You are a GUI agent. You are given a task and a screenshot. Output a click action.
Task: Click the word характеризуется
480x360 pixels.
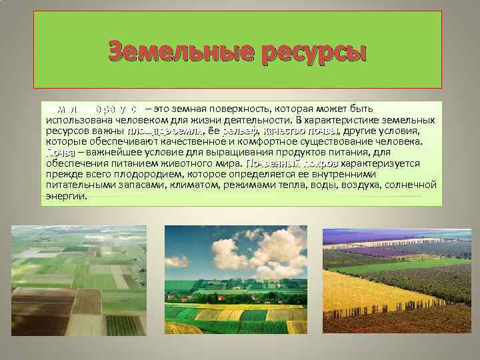pos(381,165)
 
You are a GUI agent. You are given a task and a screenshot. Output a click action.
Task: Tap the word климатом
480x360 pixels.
pos(198,187)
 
